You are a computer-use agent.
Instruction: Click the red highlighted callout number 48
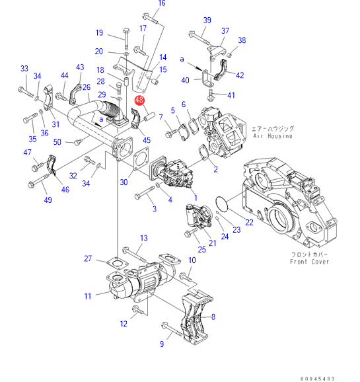139,100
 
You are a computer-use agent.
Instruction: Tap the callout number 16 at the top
162,3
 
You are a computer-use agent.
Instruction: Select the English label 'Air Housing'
273,136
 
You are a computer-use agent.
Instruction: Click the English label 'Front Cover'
309,262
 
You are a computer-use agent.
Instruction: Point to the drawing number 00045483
317,379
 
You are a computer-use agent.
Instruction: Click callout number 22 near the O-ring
249,222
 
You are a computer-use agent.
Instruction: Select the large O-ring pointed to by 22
222,203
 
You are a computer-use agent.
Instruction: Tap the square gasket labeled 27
118,263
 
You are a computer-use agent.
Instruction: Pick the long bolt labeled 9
172,329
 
